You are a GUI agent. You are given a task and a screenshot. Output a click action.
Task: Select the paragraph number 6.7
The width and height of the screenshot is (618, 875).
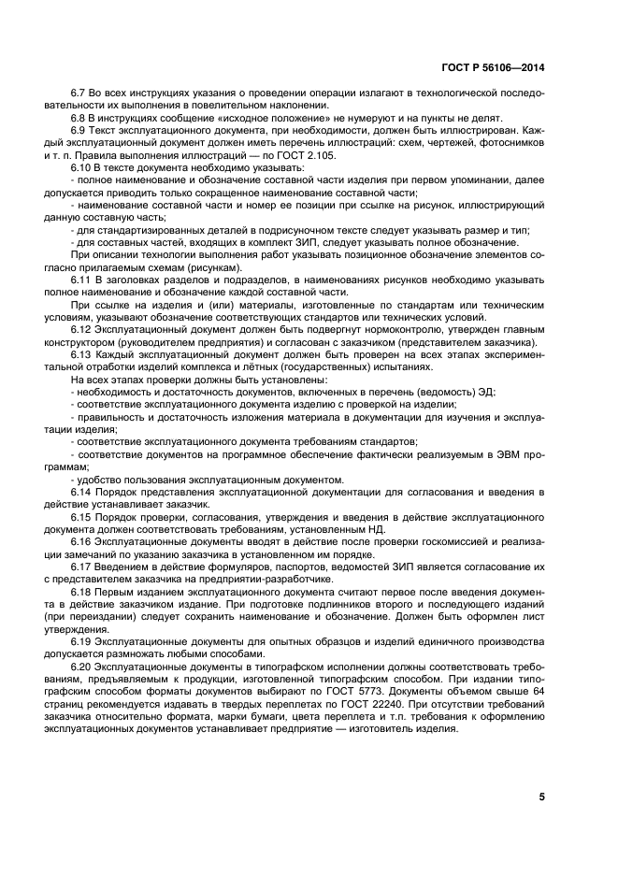pos(80,94)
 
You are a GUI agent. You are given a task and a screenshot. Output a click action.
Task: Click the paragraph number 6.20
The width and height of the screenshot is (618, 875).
pos(83,667)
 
